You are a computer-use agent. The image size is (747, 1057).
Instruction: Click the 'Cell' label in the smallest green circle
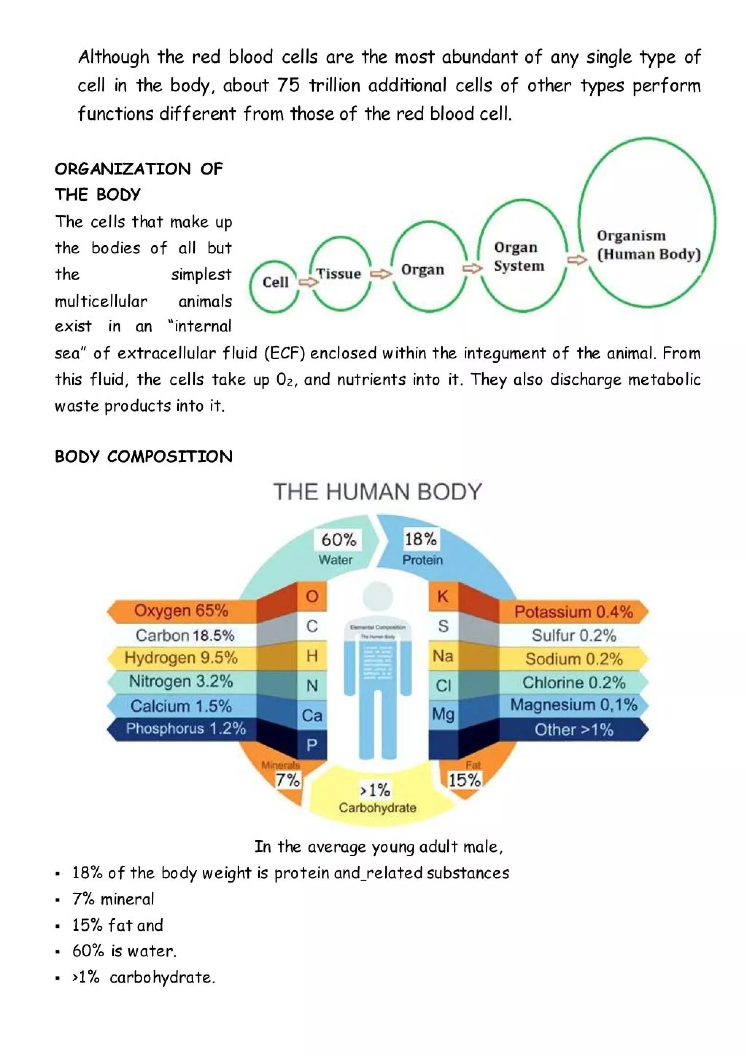(275, 282)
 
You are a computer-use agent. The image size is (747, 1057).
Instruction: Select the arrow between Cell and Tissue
(308, 282)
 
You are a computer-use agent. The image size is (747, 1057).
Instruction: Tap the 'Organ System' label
(519, 257)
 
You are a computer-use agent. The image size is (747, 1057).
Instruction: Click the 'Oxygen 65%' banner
(181, 611)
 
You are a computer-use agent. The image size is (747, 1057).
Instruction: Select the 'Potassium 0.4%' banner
(574, 612)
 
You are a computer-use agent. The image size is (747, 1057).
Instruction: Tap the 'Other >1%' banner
(574, 730)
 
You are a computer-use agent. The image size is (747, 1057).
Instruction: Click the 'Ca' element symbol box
(312, 715)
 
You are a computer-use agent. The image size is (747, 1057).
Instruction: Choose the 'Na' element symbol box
(443, 656)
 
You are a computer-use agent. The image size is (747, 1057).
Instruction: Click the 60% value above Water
(338, 539)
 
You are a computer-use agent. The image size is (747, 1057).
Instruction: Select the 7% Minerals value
(287, 780)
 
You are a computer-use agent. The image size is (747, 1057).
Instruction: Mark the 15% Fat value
(465, 780)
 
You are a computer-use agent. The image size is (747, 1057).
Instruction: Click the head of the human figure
(378, 597)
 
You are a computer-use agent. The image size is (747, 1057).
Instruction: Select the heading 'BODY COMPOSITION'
(143, 457)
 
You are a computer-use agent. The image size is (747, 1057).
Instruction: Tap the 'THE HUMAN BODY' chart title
(378, 492)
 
